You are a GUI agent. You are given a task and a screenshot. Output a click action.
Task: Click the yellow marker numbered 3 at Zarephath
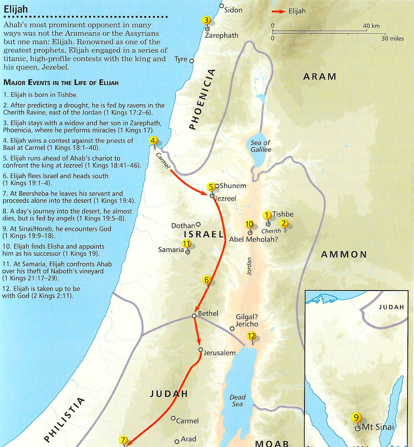pos(206,20)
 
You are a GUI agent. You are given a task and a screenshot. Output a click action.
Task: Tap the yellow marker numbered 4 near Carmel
pos(153,141)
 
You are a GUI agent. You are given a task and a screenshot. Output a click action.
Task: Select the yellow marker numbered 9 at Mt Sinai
pos(356,418)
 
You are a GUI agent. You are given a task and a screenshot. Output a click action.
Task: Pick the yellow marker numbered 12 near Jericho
pos(251,336)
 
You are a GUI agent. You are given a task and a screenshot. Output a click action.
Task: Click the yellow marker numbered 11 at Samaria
pos(187,244)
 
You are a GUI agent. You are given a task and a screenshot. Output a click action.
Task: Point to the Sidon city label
pos(233,10)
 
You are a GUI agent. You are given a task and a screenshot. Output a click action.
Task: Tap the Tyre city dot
pos(191,61)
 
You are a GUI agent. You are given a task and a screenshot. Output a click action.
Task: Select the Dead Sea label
pos(237,400)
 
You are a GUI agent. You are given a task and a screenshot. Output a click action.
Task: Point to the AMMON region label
pos(344,255)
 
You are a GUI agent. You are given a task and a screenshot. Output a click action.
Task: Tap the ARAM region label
pos(320,76)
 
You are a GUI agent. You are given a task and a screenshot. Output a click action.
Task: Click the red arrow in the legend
pos(279,11)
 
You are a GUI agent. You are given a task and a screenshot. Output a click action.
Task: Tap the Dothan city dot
pos(198,224)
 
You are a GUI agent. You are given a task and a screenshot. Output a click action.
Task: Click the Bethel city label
pos(208,313)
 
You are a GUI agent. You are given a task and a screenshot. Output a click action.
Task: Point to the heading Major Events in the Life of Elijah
pos(61,83)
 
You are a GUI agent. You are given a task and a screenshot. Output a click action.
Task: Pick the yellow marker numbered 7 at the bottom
pos(123,440)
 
